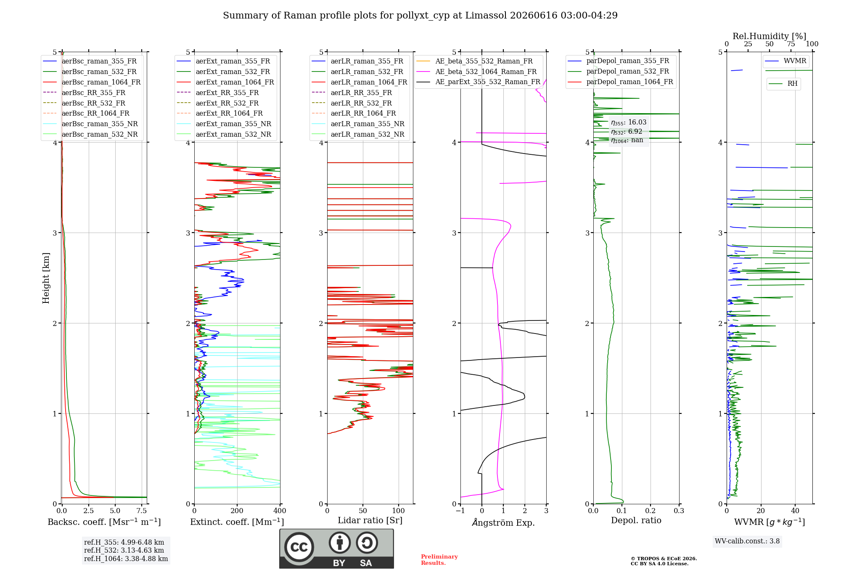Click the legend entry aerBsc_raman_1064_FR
[92, 82]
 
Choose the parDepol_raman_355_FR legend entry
[619, 61]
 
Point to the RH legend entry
[783, 84]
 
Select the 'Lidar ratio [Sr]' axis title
[370, 520]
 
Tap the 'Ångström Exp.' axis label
[503, 522]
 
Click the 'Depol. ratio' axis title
[636, 520]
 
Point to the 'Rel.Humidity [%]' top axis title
[770, 36]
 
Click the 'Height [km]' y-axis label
[46, 278]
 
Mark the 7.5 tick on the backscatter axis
[142, 511]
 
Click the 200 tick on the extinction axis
[237, 511]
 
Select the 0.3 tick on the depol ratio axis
[679, 511]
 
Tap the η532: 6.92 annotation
[627, 132]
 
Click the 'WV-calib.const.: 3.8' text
[747, 541]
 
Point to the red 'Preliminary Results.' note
[439, 560]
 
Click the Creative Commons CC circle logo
[299, 547]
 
